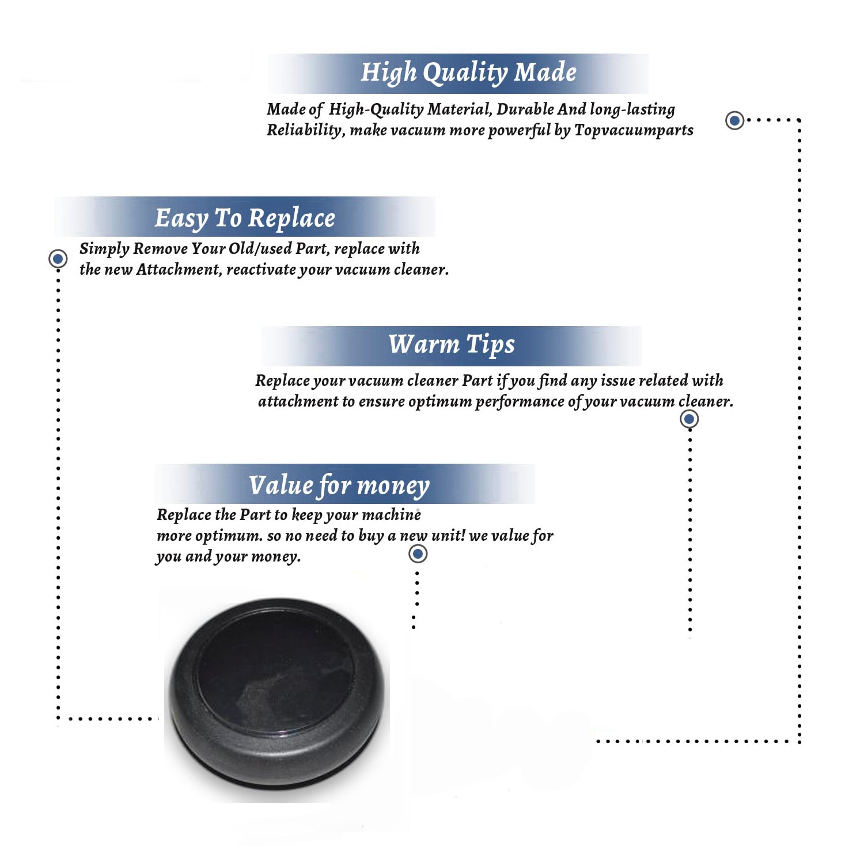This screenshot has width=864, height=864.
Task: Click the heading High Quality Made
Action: [x=468, y=73]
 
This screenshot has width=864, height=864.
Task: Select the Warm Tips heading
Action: [x=452, y=345]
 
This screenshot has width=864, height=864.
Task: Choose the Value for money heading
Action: [x=339, y=486]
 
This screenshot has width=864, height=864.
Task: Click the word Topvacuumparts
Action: [x=634, y=131]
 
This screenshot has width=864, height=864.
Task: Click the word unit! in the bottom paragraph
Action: [x=448, y=535]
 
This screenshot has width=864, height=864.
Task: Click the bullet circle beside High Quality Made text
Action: [x=734, y=120]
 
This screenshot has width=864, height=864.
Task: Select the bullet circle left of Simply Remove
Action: [x=58, y=259]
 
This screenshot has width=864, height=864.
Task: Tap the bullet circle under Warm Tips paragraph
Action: [x=689, y=419]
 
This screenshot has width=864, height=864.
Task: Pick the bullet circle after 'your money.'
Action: [x=418, y=554]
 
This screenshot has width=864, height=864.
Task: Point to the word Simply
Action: [x=104, y=249]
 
